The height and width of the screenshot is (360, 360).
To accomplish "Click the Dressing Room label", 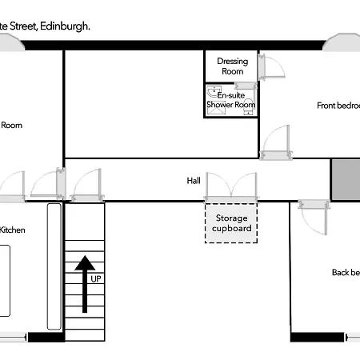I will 232,66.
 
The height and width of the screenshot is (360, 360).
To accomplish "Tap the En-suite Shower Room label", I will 231,99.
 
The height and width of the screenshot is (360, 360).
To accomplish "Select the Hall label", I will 194,181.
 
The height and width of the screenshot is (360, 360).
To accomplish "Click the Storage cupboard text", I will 232,223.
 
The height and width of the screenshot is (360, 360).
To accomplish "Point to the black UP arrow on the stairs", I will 85,272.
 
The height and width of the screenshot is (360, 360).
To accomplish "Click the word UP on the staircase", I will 96,278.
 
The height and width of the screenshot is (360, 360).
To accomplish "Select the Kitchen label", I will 12,230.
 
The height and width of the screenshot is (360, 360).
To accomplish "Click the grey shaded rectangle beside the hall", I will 346,180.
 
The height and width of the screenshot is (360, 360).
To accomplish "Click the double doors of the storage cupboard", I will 231,189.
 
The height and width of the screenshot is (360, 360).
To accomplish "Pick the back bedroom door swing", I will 313,214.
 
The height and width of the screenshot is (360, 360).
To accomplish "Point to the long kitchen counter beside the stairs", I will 54,266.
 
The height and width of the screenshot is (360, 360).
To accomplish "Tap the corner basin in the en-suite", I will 213,91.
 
